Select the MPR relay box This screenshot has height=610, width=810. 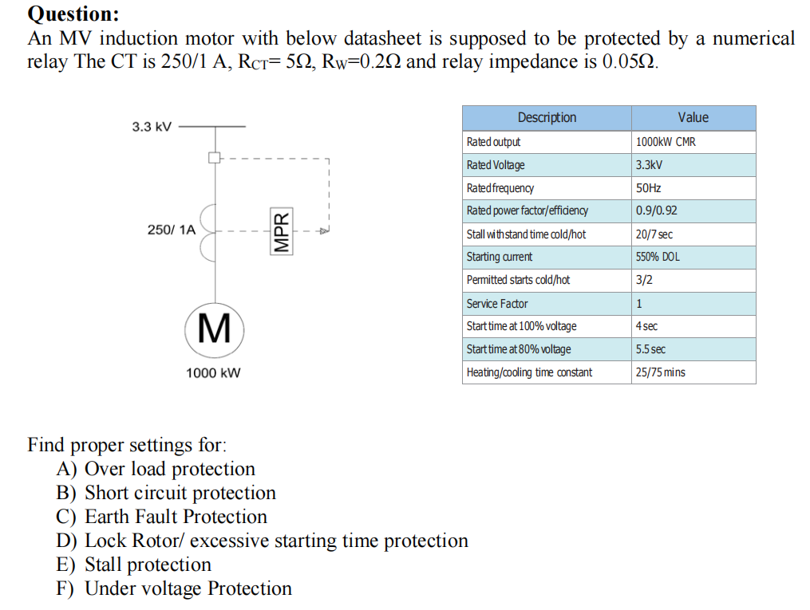(x=280, y=231)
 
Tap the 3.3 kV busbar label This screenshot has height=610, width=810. (x=152, y=127)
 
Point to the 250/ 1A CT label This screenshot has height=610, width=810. (x=171, y=230)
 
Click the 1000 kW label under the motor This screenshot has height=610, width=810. (x=213, y=372)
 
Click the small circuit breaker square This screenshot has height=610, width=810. (x=214, y=157)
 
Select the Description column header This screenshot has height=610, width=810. (x=547, y=118)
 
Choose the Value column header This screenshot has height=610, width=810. (x=693, y=118)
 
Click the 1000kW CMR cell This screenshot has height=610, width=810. (x=666, y=142)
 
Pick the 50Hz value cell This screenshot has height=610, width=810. (x=648, y=188)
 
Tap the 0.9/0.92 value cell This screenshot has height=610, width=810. (x=656, y=211)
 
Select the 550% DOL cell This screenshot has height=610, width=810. (x=658, y=258)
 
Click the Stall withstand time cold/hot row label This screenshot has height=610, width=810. (x=526, y=234)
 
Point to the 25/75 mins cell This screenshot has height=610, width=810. (x=660, y=372)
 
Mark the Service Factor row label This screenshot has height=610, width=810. (x=496, y=304)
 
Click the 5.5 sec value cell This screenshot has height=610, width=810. (x=650, y=349)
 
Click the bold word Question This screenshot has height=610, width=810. (x=73, y=14)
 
